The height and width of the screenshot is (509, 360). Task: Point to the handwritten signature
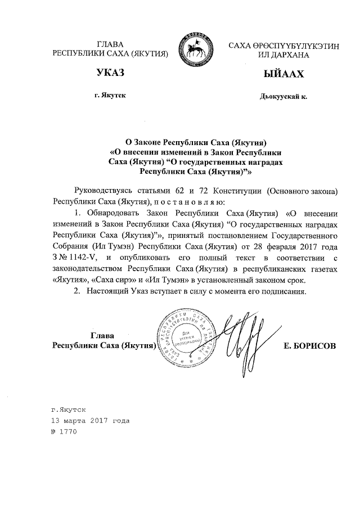tap(240, 337)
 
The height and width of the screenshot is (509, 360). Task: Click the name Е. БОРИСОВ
tap(310, 346)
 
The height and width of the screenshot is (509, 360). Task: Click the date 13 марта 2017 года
tap(90, 420)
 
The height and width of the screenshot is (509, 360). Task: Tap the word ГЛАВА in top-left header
tap(110, 44)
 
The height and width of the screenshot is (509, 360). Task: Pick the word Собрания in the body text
tap(68, 246)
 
